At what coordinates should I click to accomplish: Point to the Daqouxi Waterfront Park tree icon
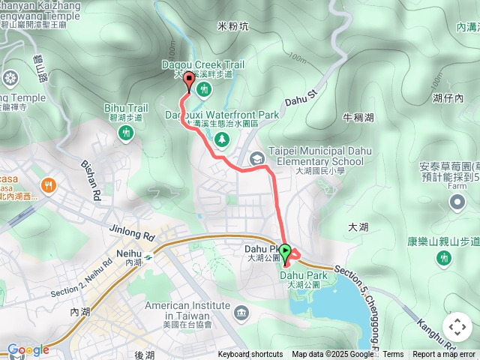222,139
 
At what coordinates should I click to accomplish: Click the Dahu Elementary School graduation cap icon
257,158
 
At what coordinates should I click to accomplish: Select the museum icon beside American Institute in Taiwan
241,311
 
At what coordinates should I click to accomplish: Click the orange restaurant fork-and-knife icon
49,184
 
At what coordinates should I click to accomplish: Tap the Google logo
28,349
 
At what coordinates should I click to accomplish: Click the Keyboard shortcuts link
250,355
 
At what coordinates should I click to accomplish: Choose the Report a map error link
443,355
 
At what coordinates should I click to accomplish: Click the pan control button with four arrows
457,327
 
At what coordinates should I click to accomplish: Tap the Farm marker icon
457,187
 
